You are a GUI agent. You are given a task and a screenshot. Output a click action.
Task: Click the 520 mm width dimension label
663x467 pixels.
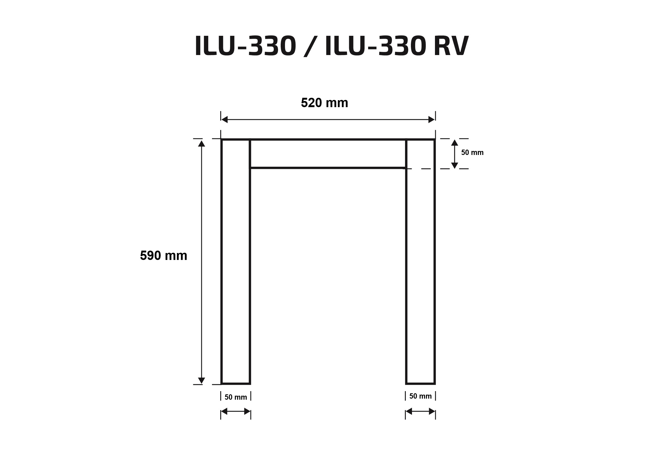coord(324,103)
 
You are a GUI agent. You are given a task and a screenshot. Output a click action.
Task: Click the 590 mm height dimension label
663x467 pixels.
coord(163,255)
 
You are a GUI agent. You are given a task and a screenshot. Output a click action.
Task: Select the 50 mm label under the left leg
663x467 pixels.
coord(236,397)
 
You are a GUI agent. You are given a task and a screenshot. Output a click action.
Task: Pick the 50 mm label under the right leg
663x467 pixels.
coord(421,396)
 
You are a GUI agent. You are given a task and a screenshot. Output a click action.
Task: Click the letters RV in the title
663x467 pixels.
coord(451,46)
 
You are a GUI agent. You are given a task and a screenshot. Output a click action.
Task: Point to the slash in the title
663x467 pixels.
coord(310,46)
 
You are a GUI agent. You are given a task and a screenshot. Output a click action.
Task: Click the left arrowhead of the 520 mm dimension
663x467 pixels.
coord(224,119)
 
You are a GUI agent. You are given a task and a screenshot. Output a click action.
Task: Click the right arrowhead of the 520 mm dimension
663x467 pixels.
coord(431,119)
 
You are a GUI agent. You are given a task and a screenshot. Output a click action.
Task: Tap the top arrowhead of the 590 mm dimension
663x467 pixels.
coord(202,143)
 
